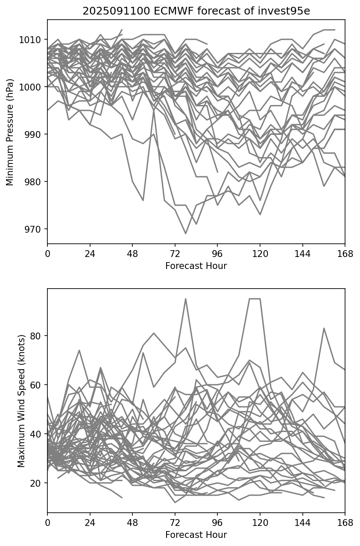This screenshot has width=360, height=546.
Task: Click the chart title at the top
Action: pos(196,11)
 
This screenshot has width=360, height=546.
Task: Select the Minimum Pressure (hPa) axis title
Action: pos(10,132)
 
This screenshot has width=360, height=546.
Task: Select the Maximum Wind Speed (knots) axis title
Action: pos(21,400)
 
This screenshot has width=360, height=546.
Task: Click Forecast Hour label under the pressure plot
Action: pos(196,266)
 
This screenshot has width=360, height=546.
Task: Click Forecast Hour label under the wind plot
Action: pos(196,534)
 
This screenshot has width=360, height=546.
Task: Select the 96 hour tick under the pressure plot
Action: pos(217,254)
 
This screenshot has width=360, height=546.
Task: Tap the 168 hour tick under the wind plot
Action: pos(345,523)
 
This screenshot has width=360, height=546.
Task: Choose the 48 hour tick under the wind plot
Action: pos(132,523)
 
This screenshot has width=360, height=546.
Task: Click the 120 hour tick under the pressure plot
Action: pos(260,254)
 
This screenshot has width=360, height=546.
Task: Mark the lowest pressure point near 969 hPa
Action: pos(186,234)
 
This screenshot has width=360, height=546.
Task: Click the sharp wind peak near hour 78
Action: pos(186,299)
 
